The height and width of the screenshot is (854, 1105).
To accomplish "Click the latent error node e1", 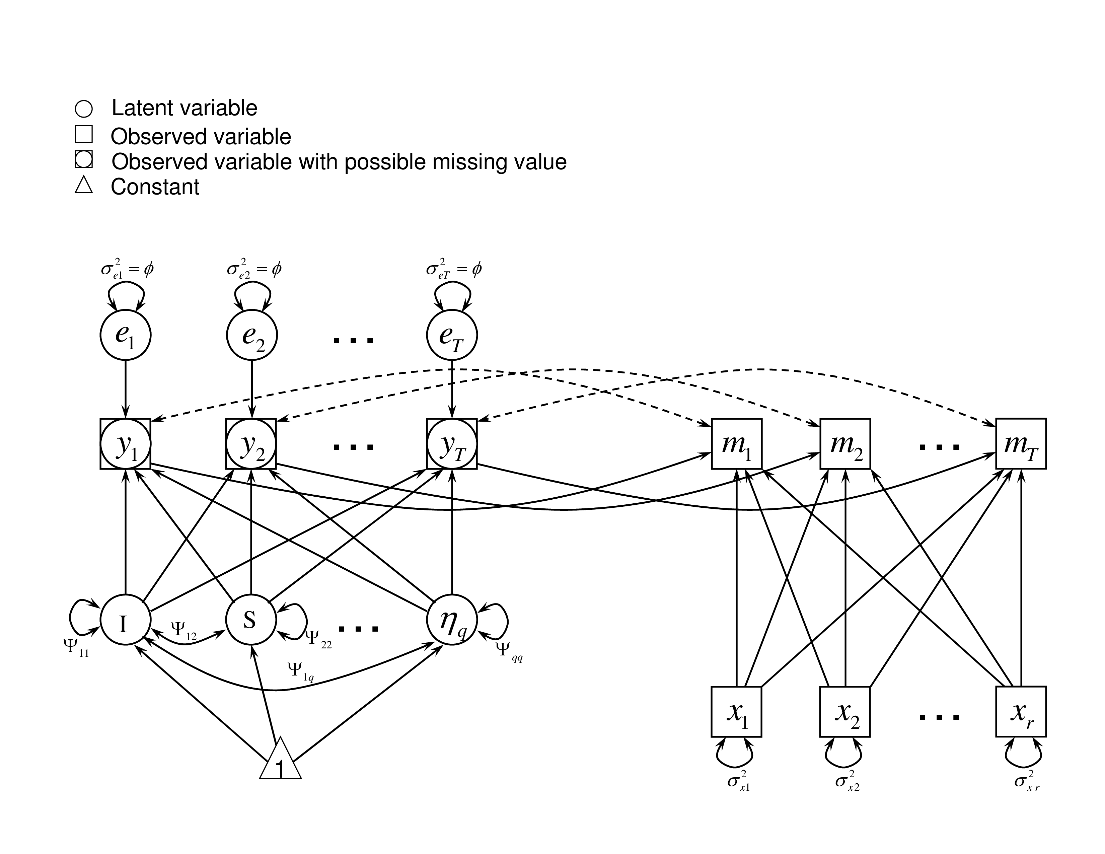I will (126, 335).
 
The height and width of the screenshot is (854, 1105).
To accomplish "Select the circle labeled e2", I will (251, 335).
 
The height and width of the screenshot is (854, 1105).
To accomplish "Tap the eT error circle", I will (452, 335).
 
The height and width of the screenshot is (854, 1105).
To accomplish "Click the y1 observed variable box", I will (126, 444).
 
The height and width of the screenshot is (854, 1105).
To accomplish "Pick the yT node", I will (452, 444).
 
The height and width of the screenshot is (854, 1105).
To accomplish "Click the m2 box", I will (845, 444).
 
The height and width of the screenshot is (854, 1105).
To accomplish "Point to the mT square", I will (1021, 444).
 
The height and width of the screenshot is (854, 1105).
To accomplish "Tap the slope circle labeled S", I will (251, 619).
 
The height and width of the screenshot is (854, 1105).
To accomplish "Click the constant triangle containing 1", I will (280, 763).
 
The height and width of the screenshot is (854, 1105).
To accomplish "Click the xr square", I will (1021, 711).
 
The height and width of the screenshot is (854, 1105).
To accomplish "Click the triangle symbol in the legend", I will (83, 185).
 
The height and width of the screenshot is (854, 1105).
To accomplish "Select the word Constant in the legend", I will (155, 187).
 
